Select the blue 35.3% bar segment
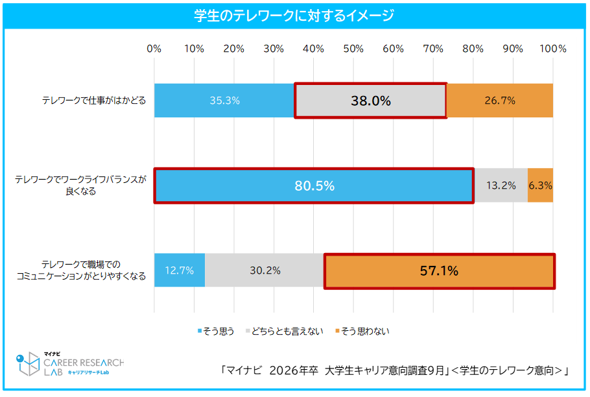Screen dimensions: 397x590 [x=224, y=101]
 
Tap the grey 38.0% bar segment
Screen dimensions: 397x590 [x=370, y=101]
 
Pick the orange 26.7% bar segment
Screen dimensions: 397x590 [x=499, y=101]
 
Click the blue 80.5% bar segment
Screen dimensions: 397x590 [x=314, y=186]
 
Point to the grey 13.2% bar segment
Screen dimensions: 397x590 [x=501, y=186]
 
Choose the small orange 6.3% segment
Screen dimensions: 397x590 [x=540, y=186]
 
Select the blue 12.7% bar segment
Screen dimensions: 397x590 [x=180, y=271]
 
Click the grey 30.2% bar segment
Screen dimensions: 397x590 [x=265, y=271]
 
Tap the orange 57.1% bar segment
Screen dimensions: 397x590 [x=439, y=271]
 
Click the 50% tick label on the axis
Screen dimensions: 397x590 [x=353, y=49]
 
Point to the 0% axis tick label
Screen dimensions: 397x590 [x=154, y=49]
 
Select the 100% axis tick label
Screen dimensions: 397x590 [x=553, y=49]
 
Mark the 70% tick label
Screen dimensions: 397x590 [x=433, y=49]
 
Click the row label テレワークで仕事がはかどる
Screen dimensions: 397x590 [x=94, y=101]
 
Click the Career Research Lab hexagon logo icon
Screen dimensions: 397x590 [x=28, y=365]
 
